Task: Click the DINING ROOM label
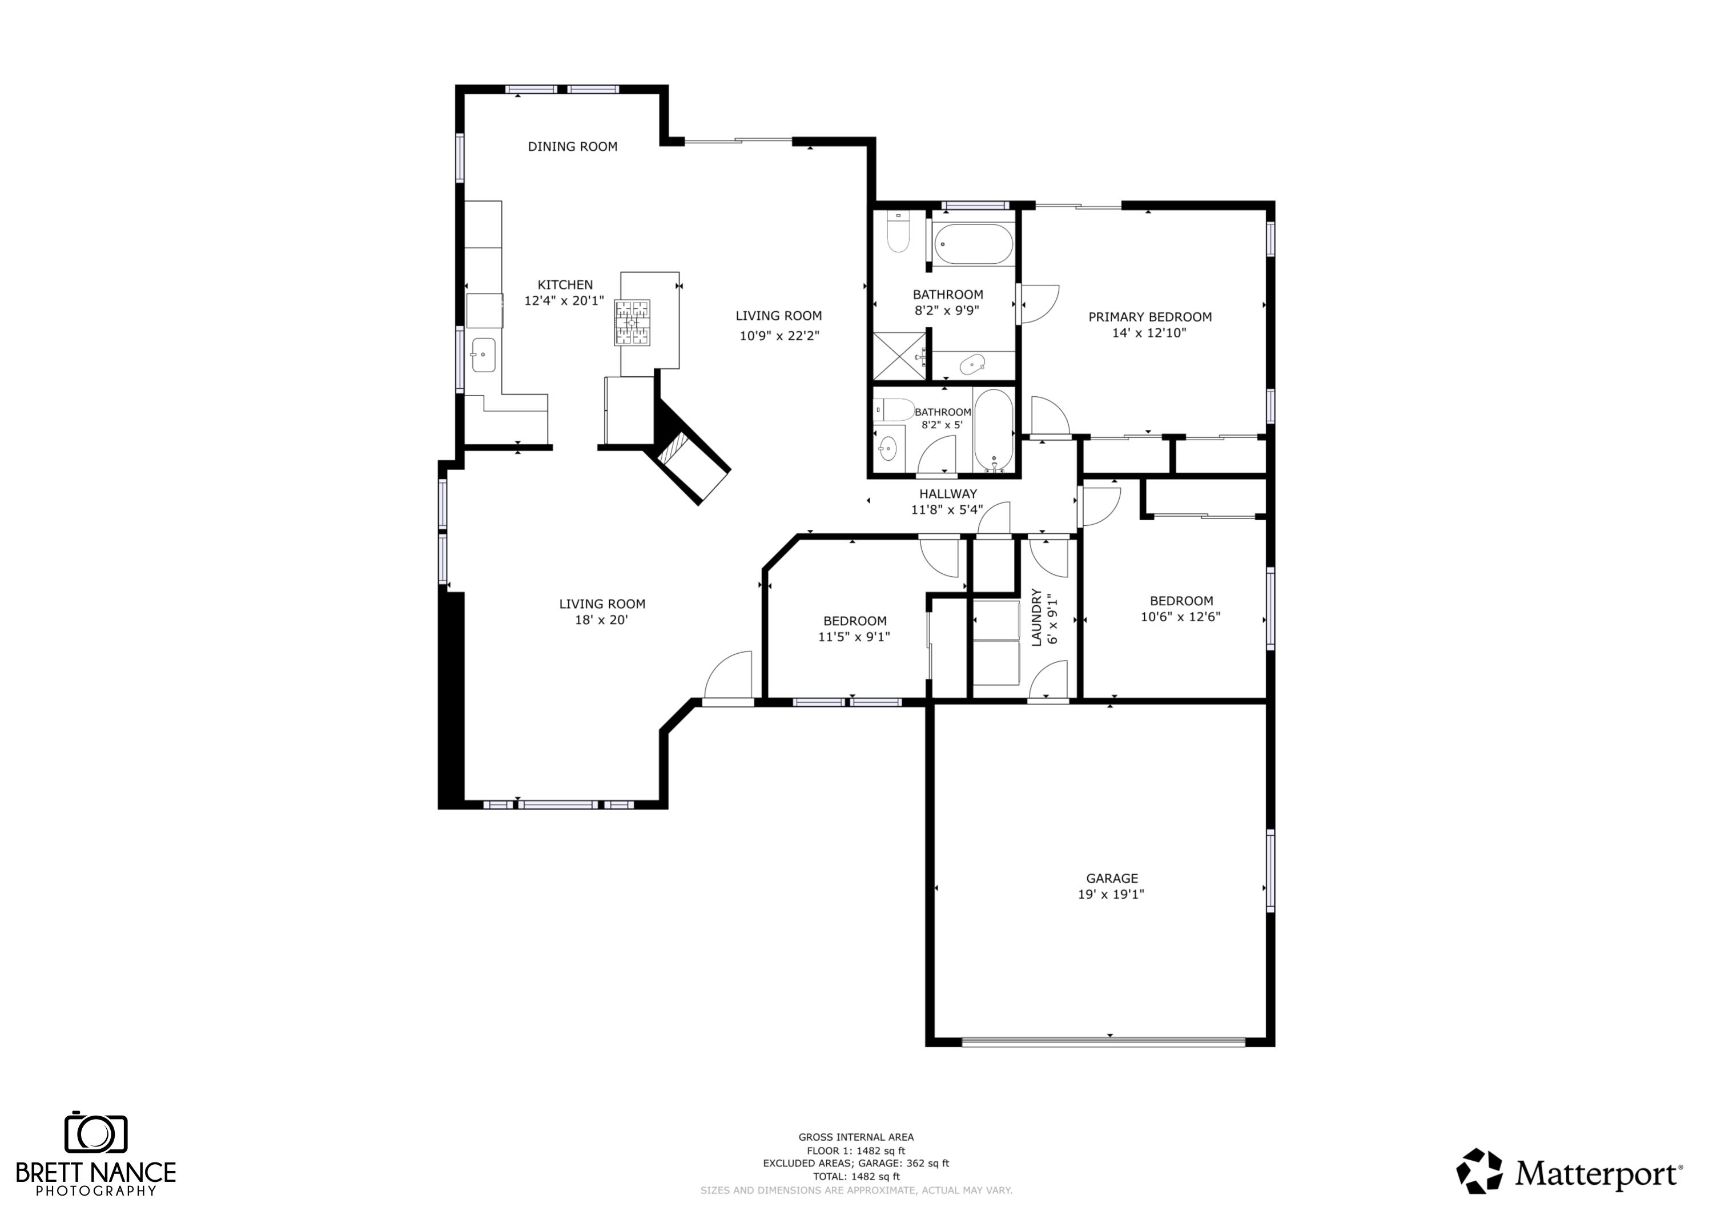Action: tap(572, 147)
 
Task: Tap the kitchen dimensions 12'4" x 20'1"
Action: tap(564, 301)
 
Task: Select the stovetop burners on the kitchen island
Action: tap(632, 323)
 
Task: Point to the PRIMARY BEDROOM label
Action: tap(1149, 317)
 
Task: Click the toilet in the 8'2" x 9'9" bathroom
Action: tap(898, 234)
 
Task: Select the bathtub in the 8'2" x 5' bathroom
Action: tap(993, 431)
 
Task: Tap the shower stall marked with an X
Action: tap(899, 357)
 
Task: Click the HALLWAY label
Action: tap(947, 494)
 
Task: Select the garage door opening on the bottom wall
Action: tap(1103, 1041)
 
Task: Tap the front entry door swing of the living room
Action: tap(729, 677)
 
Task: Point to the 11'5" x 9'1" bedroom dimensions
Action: tap(854, 637)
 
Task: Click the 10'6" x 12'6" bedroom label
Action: tap(1180, 601)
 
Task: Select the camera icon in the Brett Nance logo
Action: tap(95, 1134)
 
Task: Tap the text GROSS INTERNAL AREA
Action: tap(856, 1137)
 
